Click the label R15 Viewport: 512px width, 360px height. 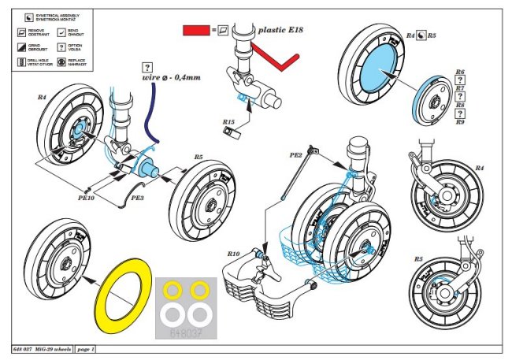(x=228, y=122)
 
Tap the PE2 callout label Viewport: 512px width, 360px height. (x=296, y=155)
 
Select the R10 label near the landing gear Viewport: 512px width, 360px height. (x=232, y=254)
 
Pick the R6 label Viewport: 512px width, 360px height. (x=460, y=73)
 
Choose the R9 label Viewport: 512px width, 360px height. (x=460, y=123)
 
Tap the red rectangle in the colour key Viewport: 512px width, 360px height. (x=194, y=28)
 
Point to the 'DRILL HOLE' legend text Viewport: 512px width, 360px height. (x=39, y=59)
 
